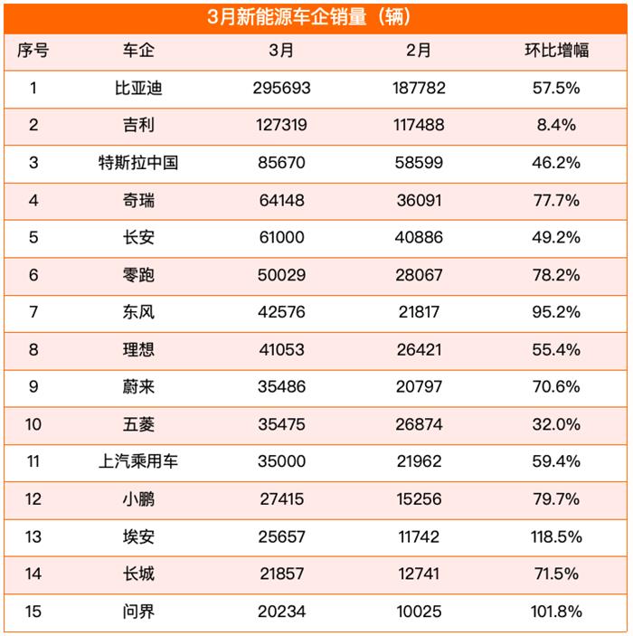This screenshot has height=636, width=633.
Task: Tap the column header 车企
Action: coord(138,51)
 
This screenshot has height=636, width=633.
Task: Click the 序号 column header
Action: coord(33,51)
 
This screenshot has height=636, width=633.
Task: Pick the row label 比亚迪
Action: coord(138,89)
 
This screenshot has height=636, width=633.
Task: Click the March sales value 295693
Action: coord(281,89)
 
